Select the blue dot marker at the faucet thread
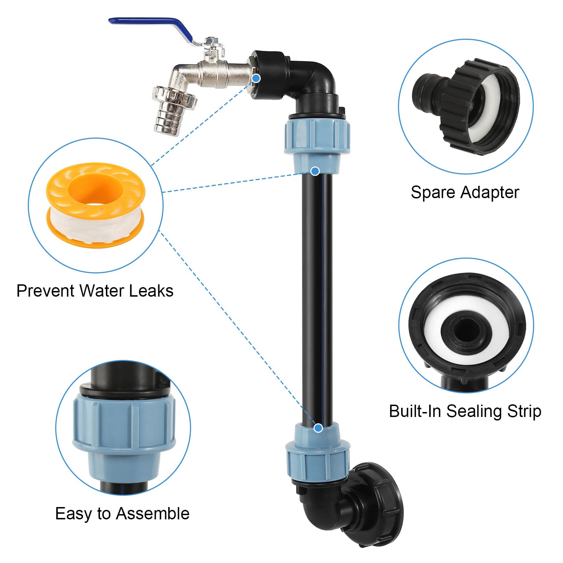click(257, 78)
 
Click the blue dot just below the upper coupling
click(315, 171)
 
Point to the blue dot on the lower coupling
click(318, 428)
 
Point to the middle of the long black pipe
click(317, 299)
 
